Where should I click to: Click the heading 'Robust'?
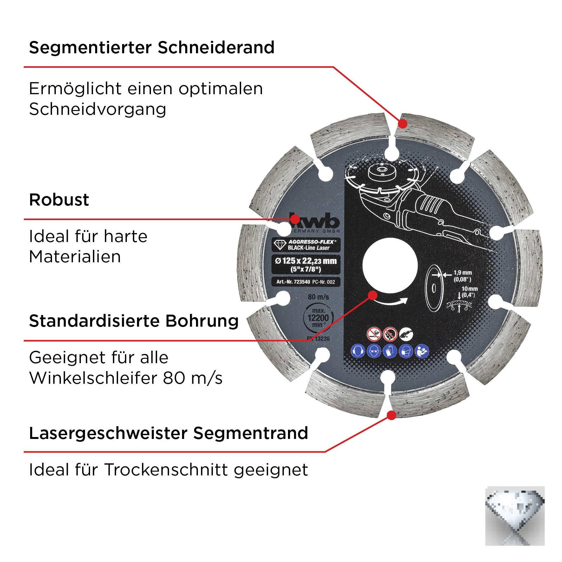pos(59,200)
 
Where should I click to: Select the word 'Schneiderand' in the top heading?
pos(216,48)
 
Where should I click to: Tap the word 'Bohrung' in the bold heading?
pos(202,321)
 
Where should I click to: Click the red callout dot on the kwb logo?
pos(295,219)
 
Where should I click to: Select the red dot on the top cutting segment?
pos(402,123)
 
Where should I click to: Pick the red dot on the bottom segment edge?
pos(392,415)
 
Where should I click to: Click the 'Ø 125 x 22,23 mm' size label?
pos(306,261)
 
